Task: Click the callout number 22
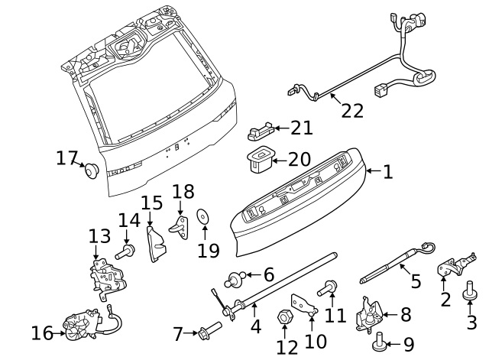pos(352,111)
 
